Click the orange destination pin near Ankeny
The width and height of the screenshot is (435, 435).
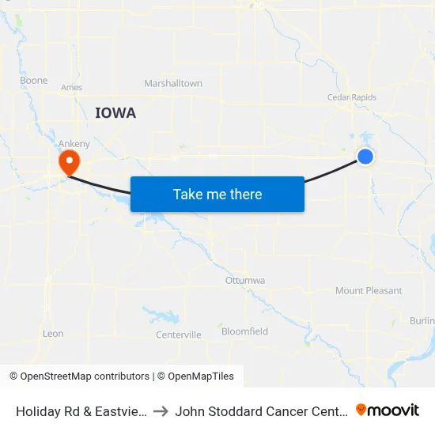coord(70,163)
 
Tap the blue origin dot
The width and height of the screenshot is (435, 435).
coord(365,157)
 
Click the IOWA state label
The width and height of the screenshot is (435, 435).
coord(115,113)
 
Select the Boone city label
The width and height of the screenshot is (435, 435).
coord(34,81)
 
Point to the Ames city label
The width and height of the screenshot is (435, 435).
coord(71,88)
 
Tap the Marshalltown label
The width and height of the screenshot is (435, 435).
coord(173,84)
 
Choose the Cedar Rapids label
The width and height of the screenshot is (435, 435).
coord(352,98)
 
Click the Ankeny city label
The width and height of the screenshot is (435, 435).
coord(74,143)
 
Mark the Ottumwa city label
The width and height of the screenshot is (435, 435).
coord(245,281)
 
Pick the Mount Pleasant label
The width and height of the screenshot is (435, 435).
coord(369,291)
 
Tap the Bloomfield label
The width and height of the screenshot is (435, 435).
coord(244,331)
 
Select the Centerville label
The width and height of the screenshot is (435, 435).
coord(179,335)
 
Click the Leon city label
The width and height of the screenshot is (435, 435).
coord(53,334)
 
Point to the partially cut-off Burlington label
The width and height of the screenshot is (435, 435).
coord(422,320)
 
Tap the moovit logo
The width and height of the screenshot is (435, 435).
coord(388,410)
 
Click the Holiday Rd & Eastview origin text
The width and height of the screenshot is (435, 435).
coord(79,410)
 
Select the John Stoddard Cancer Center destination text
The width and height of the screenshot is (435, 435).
coord(260,410)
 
